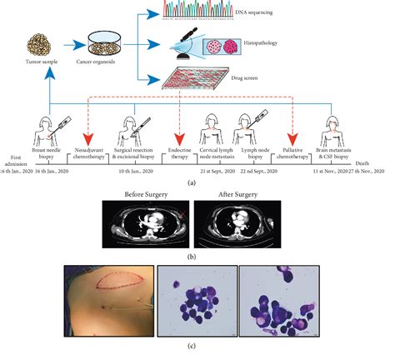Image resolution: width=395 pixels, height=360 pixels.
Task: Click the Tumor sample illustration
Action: (43, 45)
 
